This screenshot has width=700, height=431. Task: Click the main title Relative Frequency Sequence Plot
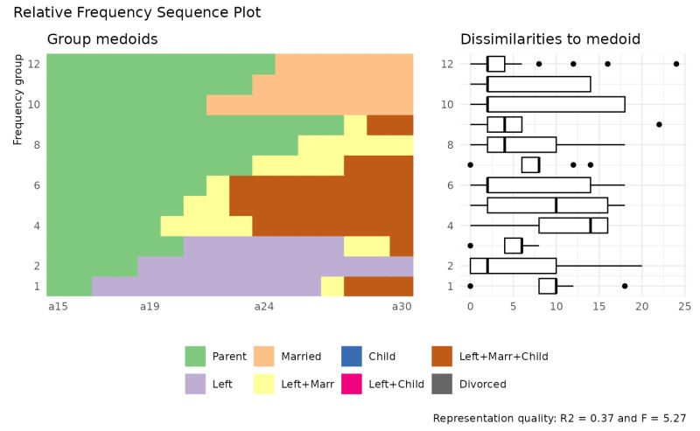click(x=137, y=13)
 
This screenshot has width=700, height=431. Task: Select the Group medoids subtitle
click(x=101, y=39)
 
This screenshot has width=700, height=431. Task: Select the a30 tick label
click(x=401, y=307)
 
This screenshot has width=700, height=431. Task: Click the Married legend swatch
click(x=263, y=356)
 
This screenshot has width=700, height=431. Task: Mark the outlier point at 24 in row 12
click(x=676, y=64)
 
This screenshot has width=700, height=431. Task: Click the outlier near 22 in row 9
click(x=659, y=124)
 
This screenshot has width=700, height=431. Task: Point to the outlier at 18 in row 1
click(x=625, y=286)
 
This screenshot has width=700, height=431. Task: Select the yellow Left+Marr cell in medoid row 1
click(x=332, y=286)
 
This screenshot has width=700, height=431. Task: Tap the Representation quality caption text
click(x=559, y=419)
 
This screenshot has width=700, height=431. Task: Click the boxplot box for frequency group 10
click(x=556, y=104)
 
